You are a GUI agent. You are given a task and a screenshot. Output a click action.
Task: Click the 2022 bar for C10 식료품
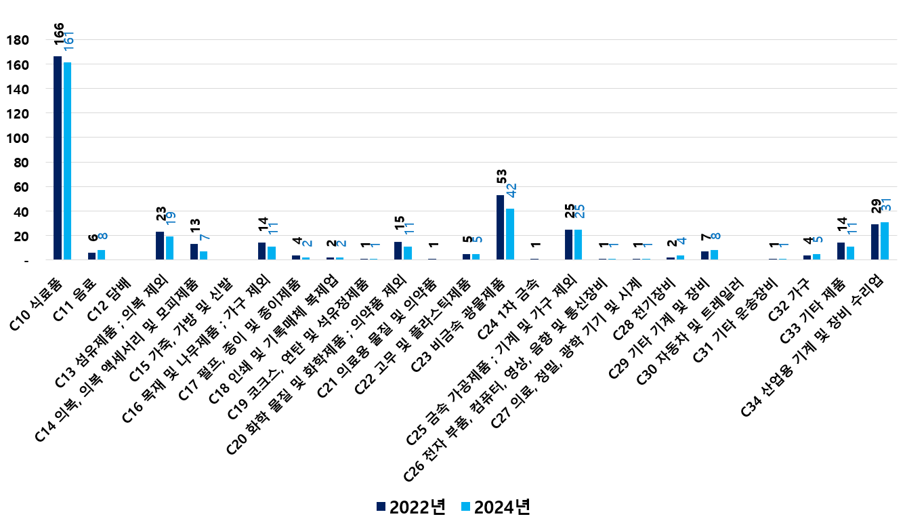coord(58,158)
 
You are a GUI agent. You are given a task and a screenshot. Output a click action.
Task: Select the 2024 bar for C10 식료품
coord(67,161)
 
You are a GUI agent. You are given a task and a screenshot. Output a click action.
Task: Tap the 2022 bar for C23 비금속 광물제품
coord(501,227)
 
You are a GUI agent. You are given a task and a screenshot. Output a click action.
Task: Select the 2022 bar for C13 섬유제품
coord(160,245)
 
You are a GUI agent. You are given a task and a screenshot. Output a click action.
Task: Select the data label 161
coord(68,40)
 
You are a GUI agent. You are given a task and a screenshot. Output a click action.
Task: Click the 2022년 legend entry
coord(410,507)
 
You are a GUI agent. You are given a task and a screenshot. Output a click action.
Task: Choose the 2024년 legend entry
coord(495,507)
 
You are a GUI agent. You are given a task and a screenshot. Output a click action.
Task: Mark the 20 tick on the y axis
coord(20,236)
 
